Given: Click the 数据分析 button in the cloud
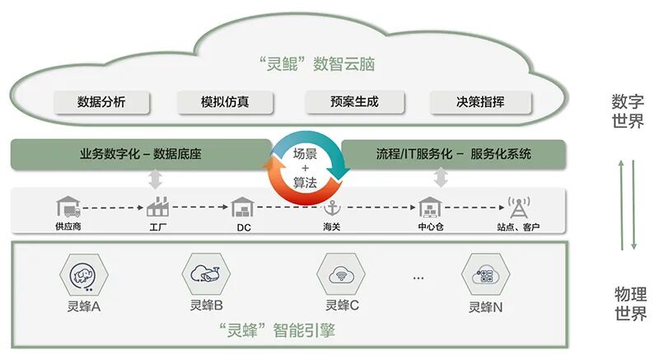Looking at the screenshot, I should click(102, 102).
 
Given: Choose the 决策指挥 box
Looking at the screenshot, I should click(480, 102).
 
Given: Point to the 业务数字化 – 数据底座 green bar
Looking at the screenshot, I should click(141, 154).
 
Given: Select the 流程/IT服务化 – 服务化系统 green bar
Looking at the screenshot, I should click(453, 154).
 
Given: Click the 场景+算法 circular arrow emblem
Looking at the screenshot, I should click(306, 168).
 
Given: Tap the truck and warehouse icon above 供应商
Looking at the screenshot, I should click(69, 206).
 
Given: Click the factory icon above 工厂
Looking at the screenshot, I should click(157, 206).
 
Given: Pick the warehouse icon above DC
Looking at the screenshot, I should click(243, 206).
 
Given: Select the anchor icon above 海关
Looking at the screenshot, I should click(333, 207).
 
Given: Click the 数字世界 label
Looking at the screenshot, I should click(628, 111).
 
